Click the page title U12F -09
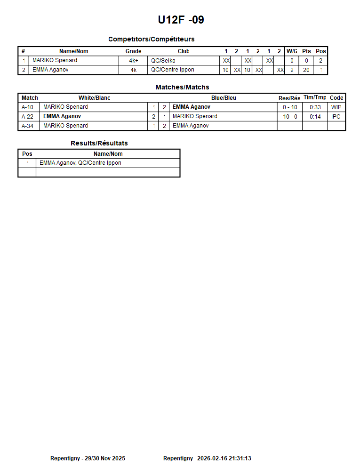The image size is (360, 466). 181,20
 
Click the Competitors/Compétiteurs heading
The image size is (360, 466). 151,39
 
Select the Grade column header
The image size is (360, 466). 133,51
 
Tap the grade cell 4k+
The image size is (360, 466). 133,60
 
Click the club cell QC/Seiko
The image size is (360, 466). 163,60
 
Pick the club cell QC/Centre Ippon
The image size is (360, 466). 173,70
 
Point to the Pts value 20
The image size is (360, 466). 306,70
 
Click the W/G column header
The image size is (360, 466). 292,51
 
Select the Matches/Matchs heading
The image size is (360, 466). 182,87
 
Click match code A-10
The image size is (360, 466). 28,107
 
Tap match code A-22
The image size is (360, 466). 28,116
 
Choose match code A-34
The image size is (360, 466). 28,126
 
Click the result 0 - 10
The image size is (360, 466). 290,107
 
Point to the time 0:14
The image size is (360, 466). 315,116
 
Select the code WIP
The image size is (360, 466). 336,107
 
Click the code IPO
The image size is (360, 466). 336,116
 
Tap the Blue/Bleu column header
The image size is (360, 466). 224,98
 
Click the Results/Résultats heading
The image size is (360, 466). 99,143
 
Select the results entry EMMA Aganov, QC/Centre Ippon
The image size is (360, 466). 80,163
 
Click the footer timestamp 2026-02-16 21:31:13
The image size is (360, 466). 224,458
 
